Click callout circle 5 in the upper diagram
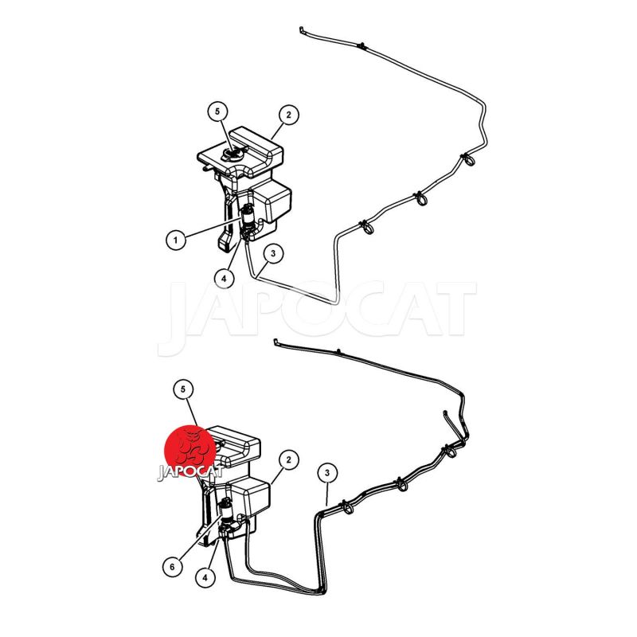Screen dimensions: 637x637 (217, 111)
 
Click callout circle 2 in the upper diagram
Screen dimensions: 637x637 (289, 115)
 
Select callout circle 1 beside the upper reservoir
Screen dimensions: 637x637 (176, 240)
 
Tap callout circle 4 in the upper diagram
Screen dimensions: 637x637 (224, 279)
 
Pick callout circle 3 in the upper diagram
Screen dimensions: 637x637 (273, 253)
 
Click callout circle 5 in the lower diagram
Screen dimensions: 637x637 (183, 389)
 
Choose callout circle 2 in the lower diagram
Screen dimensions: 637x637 (289, 460)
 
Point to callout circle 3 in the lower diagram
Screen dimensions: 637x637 (327, 472)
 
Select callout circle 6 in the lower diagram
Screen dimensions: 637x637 (172, 566)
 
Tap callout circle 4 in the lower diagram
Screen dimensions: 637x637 (205, 577)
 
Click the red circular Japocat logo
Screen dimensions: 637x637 (190, 451)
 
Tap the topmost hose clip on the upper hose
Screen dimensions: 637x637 (361, 46)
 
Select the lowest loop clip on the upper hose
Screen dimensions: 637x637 (366, 227)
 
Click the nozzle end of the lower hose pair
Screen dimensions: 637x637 (276, 342)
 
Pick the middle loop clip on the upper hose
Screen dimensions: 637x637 (420, 197)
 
